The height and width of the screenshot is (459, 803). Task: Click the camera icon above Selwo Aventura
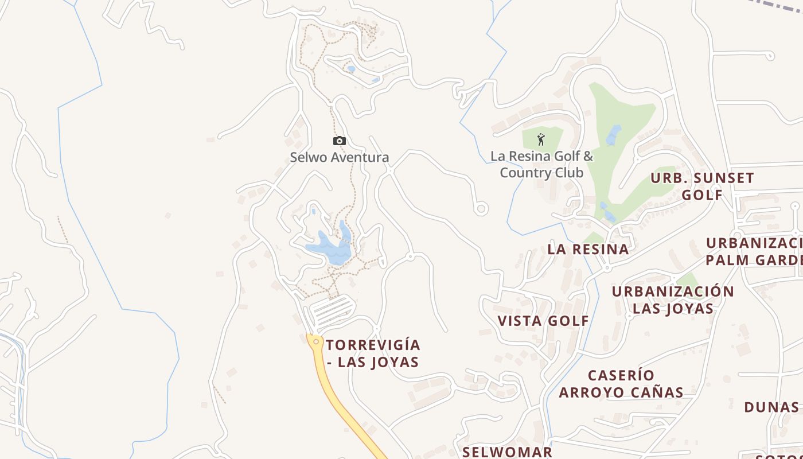click(x=340, y=141)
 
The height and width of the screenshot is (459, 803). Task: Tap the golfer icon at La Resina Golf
click(x=541, y=139)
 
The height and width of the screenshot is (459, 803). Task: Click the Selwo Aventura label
click(x=339, y=157)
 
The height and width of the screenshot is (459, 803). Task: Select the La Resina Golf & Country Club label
click(x=541, y=164)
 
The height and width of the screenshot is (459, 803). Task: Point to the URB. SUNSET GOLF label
click(x=702, y=186)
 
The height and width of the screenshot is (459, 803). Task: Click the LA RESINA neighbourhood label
click(x=588, y=250)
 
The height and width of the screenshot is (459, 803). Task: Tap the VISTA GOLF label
click(x=543, y=321)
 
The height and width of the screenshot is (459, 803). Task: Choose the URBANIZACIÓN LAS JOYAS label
click(x=673, y=300)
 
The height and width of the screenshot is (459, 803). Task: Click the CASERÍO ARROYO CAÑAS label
click(x=621, y=384)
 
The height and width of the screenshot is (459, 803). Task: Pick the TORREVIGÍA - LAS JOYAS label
click(x=373, y=353)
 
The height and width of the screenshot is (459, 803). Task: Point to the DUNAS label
click(x=771, y=407)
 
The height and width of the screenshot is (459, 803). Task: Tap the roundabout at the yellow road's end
click(x=315, y=341)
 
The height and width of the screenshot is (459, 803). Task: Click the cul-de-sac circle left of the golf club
click(x=481, y=209)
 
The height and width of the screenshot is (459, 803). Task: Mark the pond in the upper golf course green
click(x=614, y=135)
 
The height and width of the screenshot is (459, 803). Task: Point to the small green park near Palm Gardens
click(x=687, y=281)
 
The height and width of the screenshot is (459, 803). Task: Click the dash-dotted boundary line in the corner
click(x=780, y=11)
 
